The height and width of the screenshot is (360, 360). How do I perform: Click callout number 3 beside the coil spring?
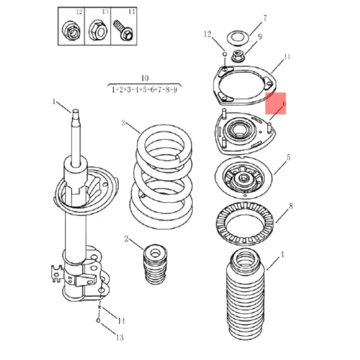tap(123, 124)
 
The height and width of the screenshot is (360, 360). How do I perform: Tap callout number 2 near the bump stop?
tap(126, 239)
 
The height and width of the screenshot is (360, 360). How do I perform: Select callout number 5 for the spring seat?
tap(289, 158)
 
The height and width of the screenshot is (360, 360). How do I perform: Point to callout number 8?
tap(291, 206)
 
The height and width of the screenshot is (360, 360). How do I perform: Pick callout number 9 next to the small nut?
tap(260, 37)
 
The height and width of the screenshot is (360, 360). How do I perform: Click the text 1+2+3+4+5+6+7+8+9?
tap(145, 89)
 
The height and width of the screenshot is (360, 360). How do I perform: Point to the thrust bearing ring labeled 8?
tap(244, 223)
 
